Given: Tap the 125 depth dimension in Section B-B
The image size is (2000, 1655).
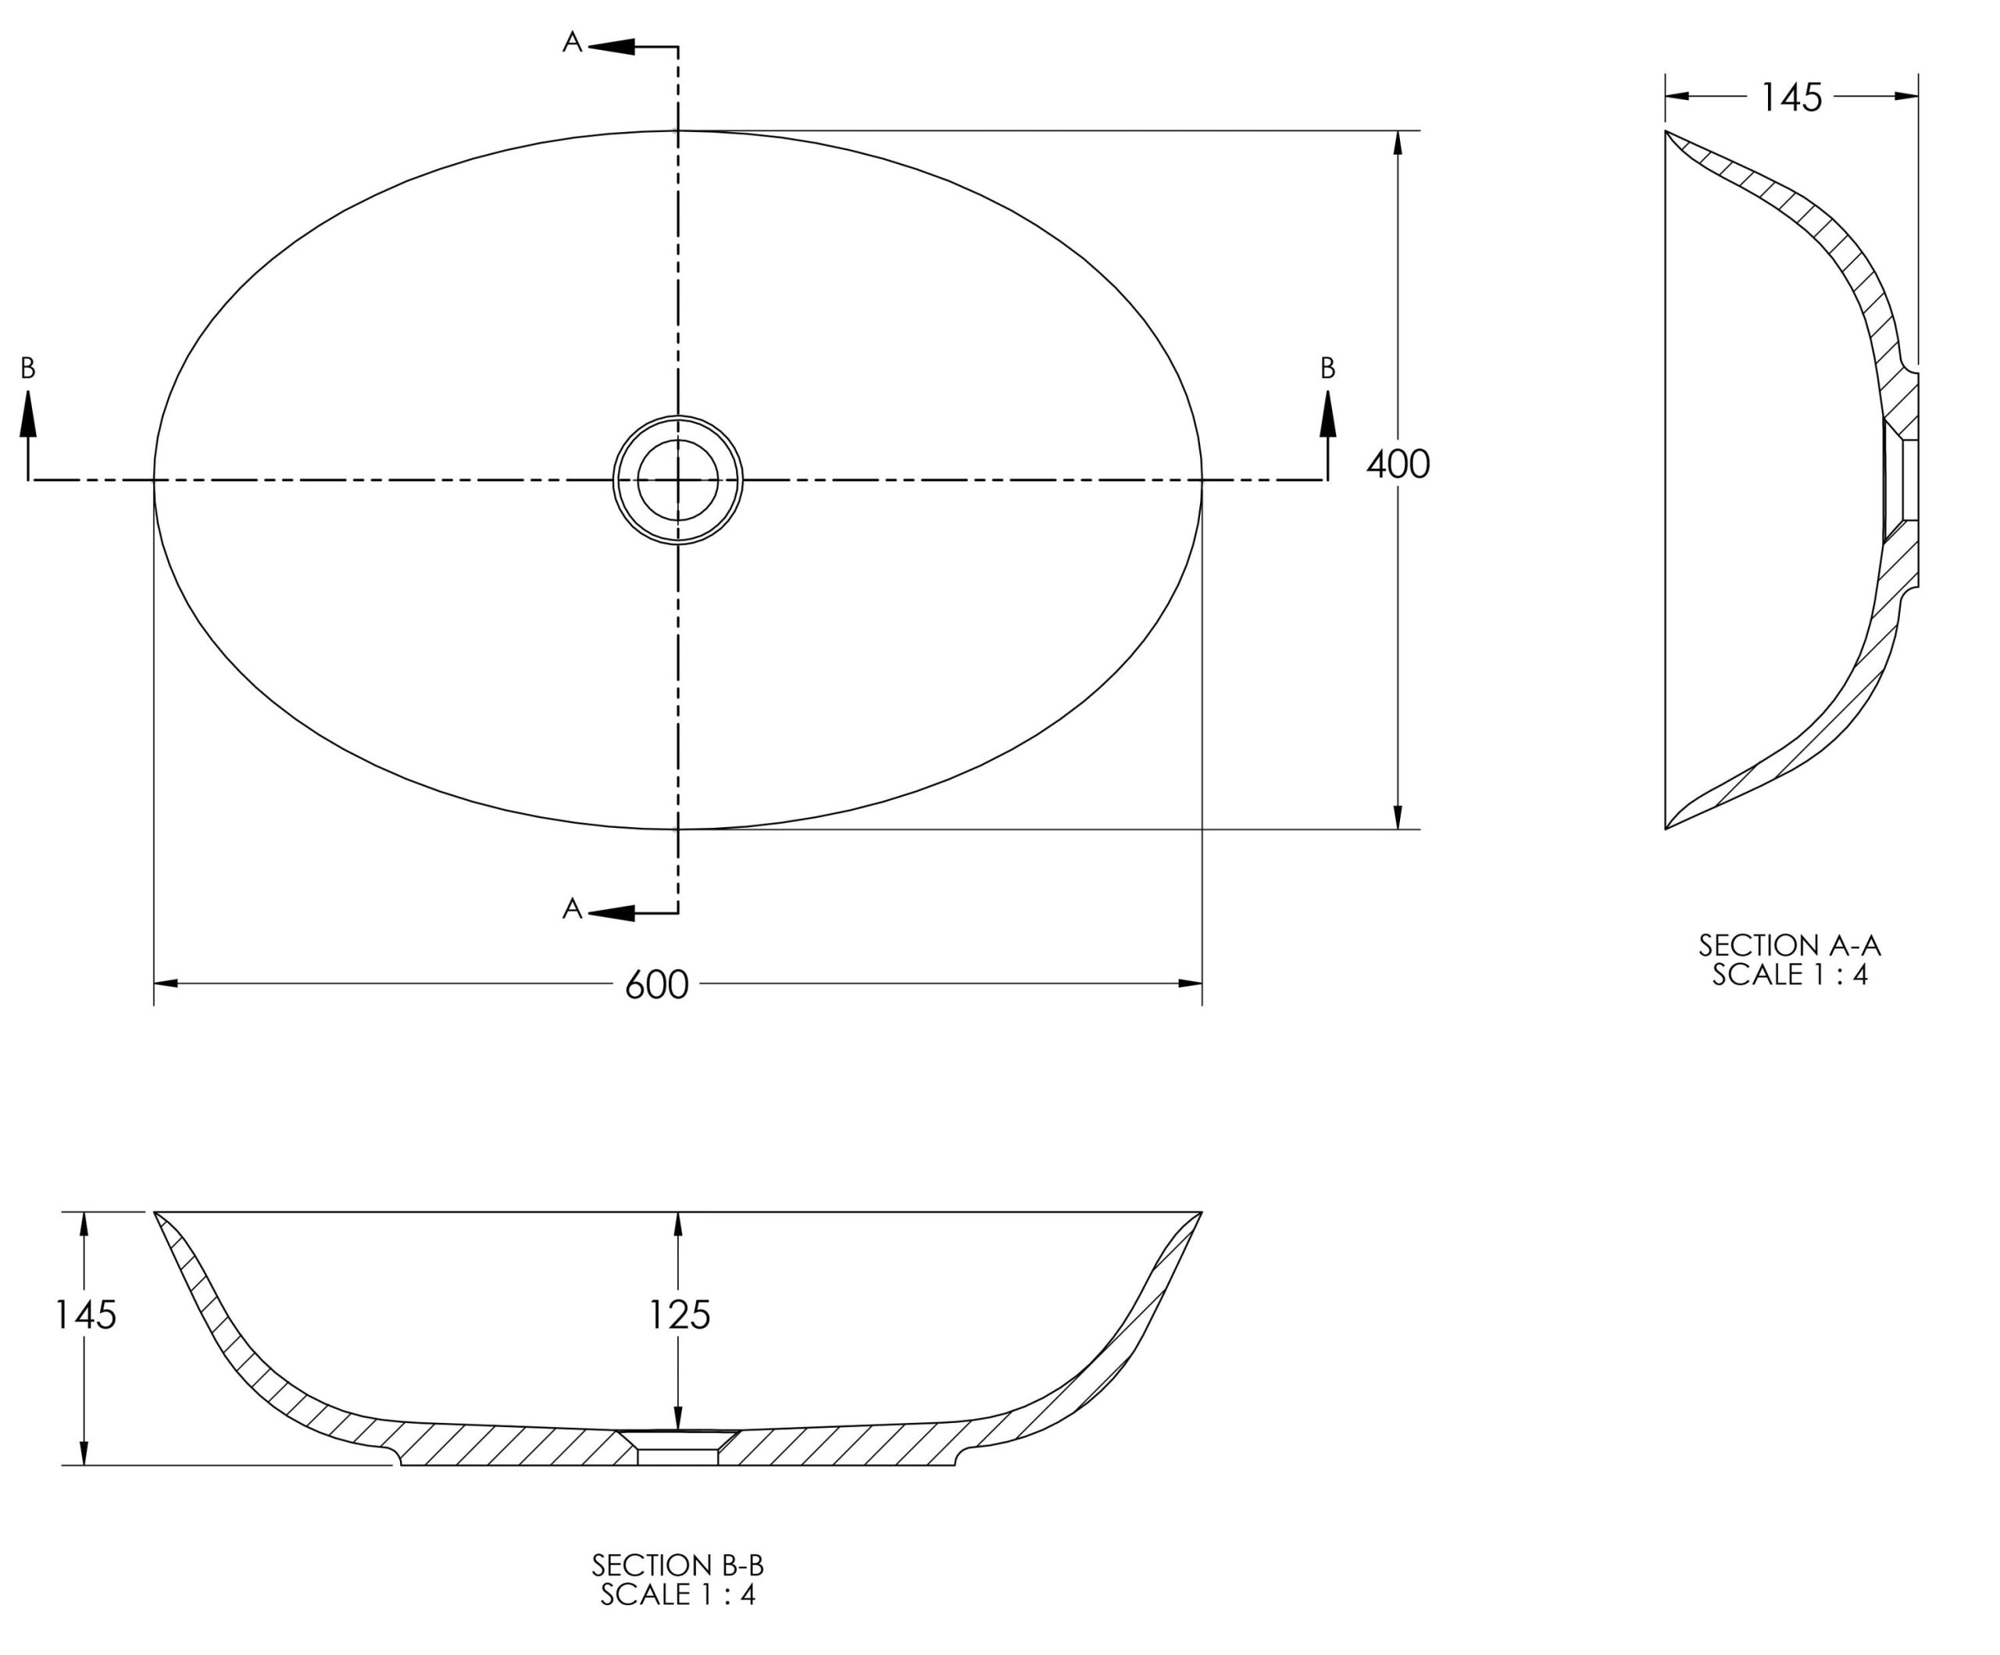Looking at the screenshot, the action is click(679, 1315).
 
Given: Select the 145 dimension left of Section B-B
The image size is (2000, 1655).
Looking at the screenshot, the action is click(86, 1315).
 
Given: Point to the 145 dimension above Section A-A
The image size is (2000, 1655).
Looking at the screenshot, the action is click(1791, 97).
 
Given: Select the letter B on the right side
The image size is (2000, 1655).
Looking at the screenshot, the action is click(1327, 369).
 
